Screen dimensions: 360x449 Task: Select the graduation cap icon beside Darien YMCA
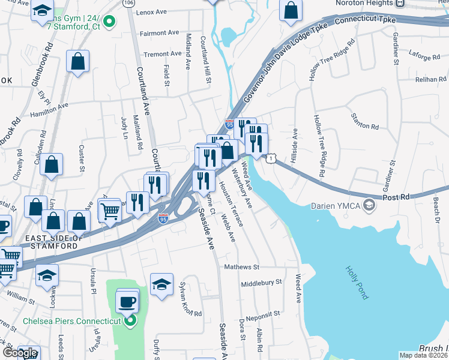(369, 206)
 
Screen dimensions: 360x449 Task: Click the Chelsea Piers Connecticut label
(72, 321)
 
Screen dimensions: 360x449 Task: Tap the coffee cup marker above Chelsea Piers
(127, 302)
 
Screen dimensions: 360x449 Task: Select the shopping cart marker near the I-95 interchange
(110, 212)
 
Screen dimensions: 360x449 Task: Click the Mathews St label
(241, 266)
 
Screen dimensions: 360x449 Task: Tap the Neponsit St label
(261, 314)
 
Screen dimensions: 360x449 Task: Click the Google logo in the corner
(20, 353)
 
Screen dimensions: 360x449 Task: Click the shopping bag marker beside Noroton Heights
(291, 11)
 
